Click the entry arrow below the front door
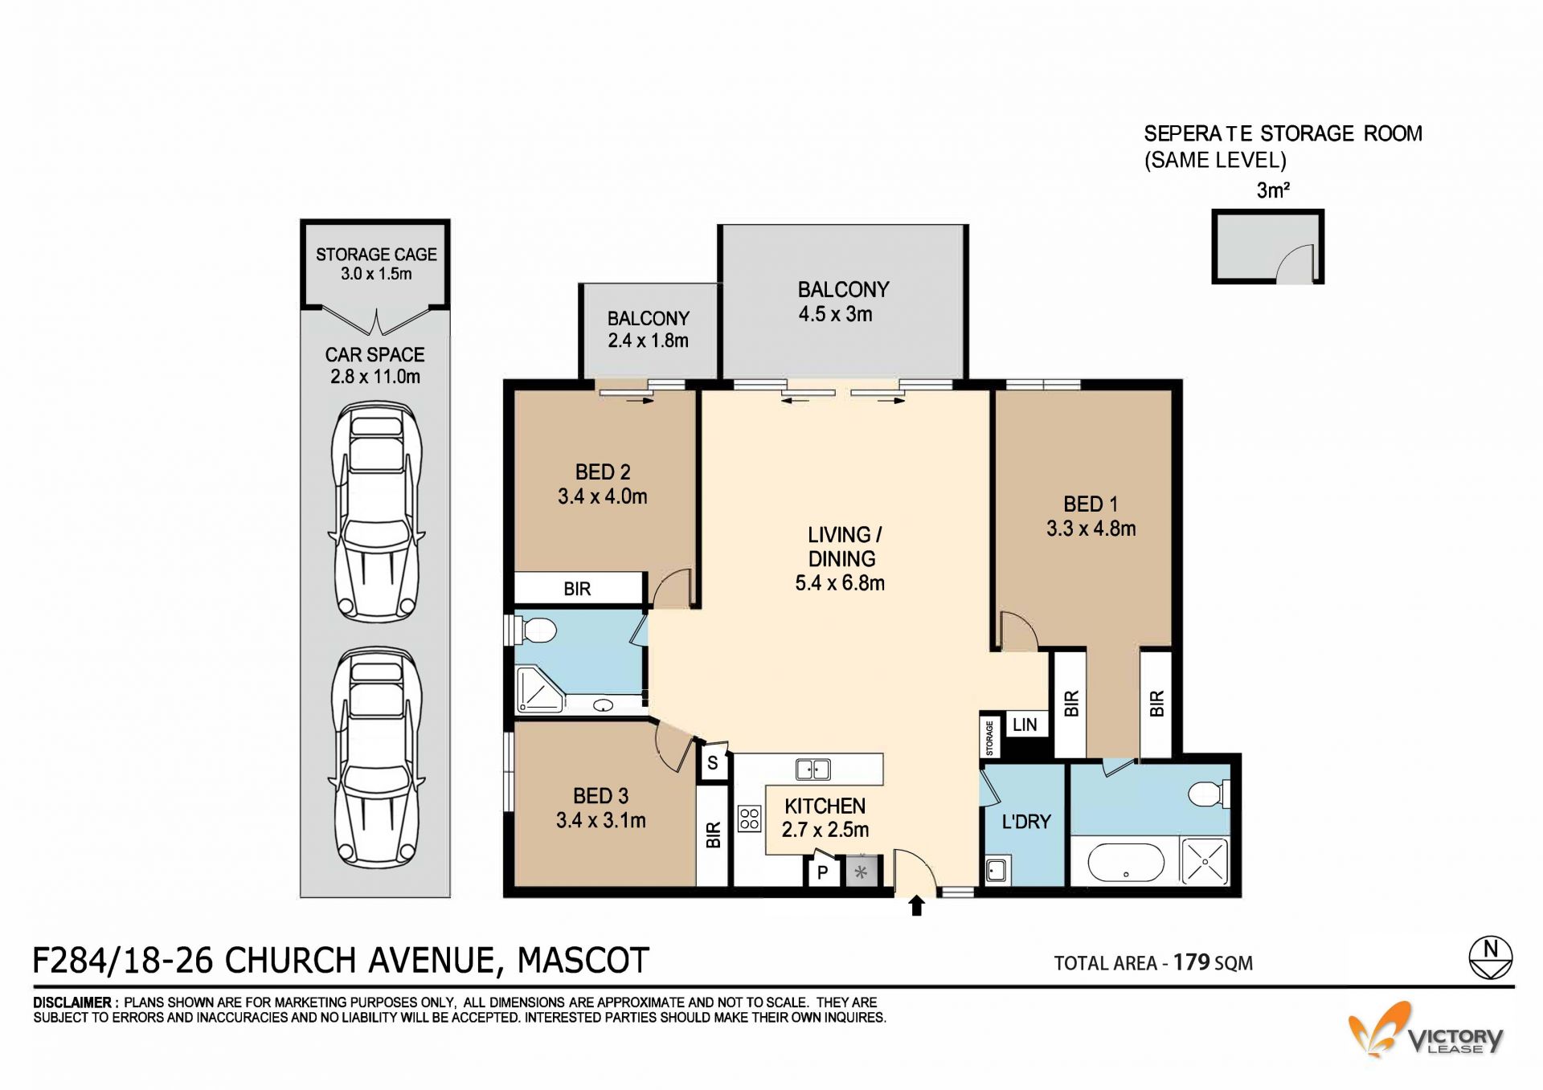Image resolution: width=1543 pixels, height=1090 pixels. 916,906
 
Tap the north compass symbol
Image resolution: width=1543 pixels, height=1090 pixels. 1491,958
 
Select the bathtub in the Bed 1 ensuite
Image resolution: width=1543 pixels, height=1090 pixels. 1125,864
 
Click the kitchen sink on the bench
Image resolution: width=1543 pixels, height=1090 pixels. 813,769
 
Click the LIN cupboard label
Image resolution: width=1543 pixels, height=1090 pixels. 1025,725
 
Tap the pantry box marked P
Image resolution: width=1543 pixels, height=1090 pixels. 823,871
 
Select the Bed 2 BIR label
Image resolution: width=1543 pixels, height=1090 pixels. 577,589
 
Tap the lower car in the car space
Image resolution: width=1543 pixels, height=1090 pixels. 376,757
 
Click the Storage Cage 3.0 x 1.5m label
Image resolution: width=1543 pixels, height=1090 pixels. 376,263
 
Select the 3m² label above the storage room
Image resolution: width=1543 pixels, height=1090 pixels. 1273,190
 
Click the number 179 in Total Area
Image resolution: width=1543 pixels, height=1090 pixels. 1192,961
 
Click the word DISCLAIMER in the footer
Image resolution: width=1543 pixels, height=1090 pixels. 72,1002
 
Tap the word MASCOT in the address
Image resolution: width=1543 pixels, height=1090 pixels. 583,961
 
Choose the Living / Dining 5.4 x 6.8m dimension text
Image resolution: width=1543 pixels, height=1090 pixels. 840,583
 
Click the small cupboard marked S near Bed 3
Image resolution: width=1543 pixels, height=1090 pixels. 713,762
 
